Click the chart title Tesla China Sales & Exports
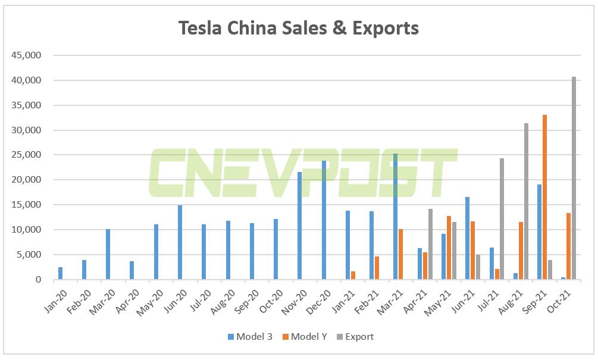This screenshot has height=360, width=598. click(299, 28)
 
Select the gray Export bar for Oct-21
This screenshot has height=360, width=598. click(574, 179)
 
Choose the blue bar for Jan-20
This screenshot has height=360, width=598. click(61, 273)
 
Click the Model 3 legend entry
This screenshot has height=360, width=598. click(249, 337)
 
